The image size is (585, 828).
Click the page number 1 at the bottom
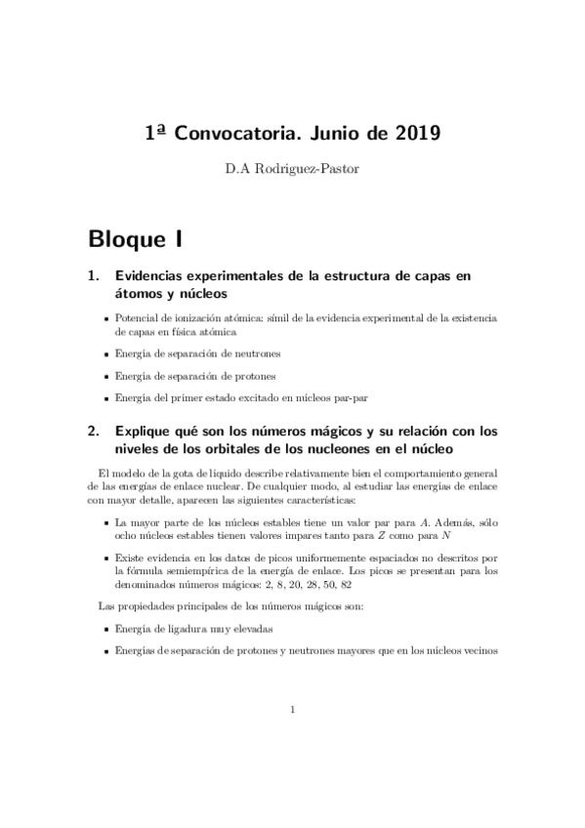coord(292,711)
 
